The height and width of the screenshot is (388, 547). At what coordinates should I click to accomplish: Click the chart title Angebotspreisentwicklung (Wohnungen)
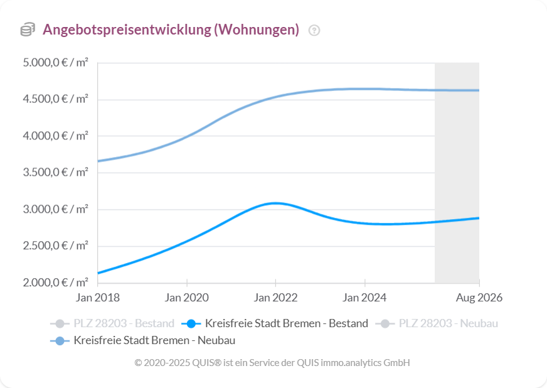pos(171,30)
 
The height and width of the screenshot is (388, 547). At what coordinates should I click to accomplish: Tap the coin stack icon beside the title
pos(28,30)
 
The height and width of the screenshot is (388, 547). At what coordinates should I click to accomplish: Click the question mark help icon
pos(314,30)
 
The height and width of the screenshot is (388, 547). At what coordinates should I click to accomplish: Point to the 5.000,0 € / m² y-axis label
pos(56,63)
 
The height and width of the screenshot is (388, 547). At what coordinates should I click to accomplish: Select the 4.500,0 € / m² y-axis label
pos(56,99)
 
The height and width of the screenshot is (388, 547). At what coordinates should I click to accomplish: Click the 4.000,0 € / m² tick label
pos(56,136)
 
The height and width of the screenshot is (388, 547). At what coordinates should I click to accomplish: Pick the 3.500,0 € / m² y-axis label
pos(56,172)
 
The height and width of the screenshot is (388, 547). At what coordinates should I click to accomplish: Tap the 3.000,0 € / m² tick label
pos(56,209)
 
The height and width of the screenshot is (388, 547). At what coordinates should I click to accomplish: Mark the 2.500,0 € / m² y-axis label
pos(56,245)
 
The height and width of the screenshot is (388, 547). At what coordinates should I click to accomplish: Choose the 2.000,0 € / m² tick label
pos(56,282)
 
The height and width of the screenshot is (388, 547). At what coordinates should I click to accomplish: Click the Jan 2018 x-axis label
pos(98,298)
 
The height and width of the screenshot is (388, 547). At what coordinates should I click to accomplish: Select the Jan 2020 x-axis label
pos(187,298)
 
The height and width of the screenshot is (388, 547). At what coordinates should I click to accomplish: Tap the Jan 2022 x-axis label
pos(275,298)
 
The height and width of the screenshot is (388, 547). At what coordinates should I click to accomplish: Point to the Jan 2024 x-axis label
pos(364,298)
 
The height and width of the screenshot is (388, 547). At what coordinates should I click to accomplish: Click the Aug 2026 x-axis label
pos(479,298)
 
